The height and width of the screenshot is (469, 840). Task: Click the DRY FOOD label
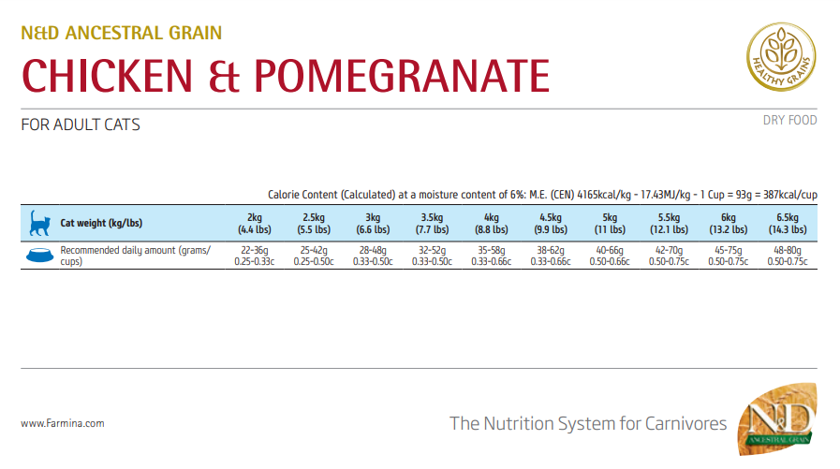(x=790, y=120)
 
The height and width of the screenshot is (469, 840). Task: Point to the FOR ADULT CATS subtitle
(x=81, y=125)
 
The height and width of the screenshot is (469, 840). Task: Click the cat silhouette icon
(x=39, y=223)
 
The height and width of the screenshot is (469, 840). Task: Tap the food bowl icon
(x=39, y=255)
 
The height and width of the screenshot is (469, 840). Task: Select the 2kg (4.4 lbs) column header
(x=254, y=223)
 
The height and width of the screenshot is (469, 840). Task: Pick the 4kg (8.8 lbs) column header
(x=492, y=223)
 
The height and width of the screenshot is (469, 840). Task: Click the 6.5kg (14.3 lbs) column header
(x=787, y=223)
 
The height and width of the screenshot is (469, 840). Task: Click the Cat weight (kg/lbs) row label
(x=102, y=224)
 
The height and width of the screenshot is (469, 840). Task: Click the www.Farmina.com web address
(x=62, y=423)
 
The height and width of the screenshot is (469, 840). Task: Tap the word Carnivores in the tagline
(x=685, y=424)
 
